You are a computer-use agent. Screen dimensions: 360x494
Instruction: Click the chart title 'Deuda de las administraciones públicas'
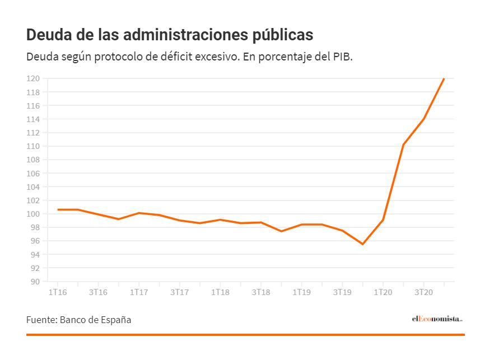coord(169,35)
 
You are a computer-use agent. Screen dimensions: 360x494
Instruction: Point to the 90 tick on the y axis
coord(35,282)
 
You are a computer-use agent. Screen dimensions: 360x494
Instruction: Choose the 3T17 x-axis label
coord(179,292)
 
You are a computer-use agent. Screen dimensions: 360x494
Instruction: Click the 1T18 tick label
coord(220,292)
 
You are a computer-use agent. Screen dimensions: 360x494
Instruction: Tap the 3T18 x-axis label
coord(261,292)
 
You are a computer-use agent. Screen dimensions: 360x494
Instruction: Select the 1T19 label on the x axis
coord(301,292)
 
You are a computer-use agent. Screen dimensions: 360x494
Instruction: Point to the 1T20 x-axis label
coord(383,292)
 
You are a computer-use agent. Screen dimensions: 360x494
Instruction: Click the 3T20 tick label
coord(423,292)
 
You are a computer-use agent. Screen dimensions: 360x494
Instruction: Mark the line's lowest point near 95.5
coord(362,244)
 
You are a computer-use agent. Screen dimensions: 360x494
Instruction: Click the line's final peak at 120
coord(444,78)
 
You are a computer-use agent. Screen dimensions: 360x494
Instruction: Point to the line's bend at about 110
coord(403,145)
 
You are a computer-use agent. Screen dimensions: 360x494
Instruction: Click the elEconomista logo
coord(437,319)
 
